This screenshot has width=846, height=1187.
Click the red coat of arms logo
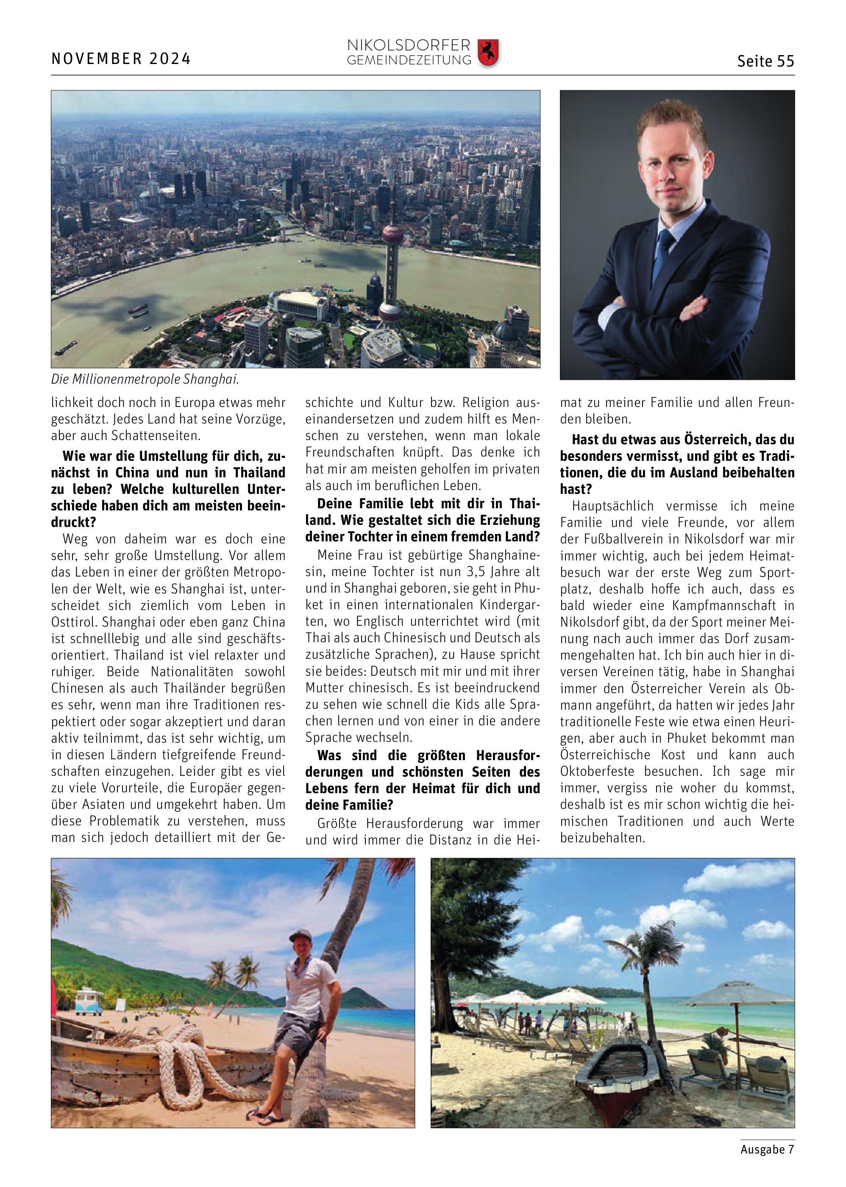(488, 53)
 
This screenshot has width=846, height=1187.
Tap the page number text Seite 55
(765, 61)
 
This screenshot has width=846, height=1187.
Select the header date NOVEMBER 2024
(121, 59)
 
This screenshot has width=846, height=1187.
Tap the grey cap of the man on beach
(300, 935)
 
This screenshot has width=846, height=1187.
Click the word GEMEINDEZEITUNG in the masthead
(409, 61)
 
